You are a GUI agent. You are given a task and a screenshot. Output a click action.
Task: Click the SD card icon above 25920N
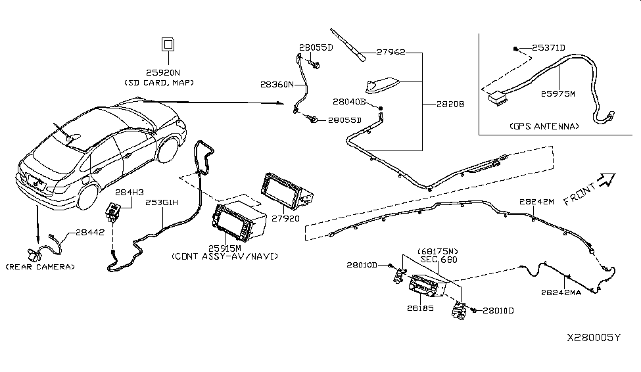[168, 45]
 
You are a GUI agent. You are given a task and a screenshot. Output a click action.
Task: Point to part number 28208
[448, 105]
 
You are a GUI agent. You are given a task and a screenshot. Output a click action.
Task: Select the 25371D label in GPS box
[548, 47]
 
